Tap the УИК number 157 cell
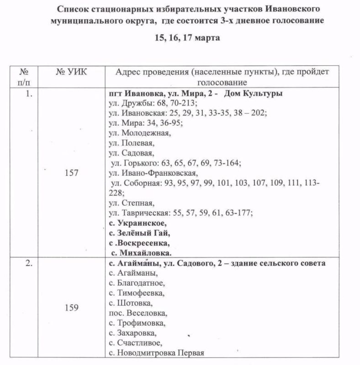click(72, 173)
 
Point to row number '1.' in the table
click(29, 94)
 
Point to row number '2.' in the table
click(29, 263)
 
